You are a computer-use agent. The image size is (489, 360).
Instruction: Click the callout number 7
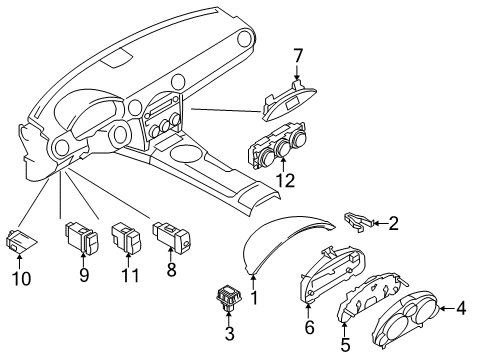pos(297,56)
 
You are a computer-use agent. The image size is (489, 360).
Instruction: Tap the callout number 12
pos(286,180)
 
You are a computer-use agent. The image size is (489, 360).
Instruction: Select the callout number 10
pos(22,278)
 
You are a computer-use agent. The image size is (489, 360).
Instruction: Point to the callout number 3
pos(230,333)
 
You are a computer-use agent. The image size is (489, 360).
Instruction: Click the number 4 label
pos(461,308)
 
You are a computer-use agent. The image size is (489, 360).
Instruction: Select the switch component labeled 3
pos(229,297)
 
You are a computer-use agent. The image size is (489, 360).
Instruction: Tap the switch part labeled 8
pos(171,238)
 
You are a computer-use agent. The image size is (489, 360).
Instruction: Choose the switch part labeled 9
pos(82,238)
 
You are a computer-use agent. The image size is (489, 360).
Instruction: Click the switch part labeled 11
pos(127,239)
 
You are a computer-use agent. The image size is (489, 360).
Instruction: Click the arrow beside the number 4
pos(447,308)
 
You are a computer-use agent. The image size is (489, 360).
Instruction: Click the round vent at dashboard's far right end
pos(247,38)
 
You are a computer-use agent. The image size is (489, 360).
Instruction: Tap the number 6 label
pos(309,327)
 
